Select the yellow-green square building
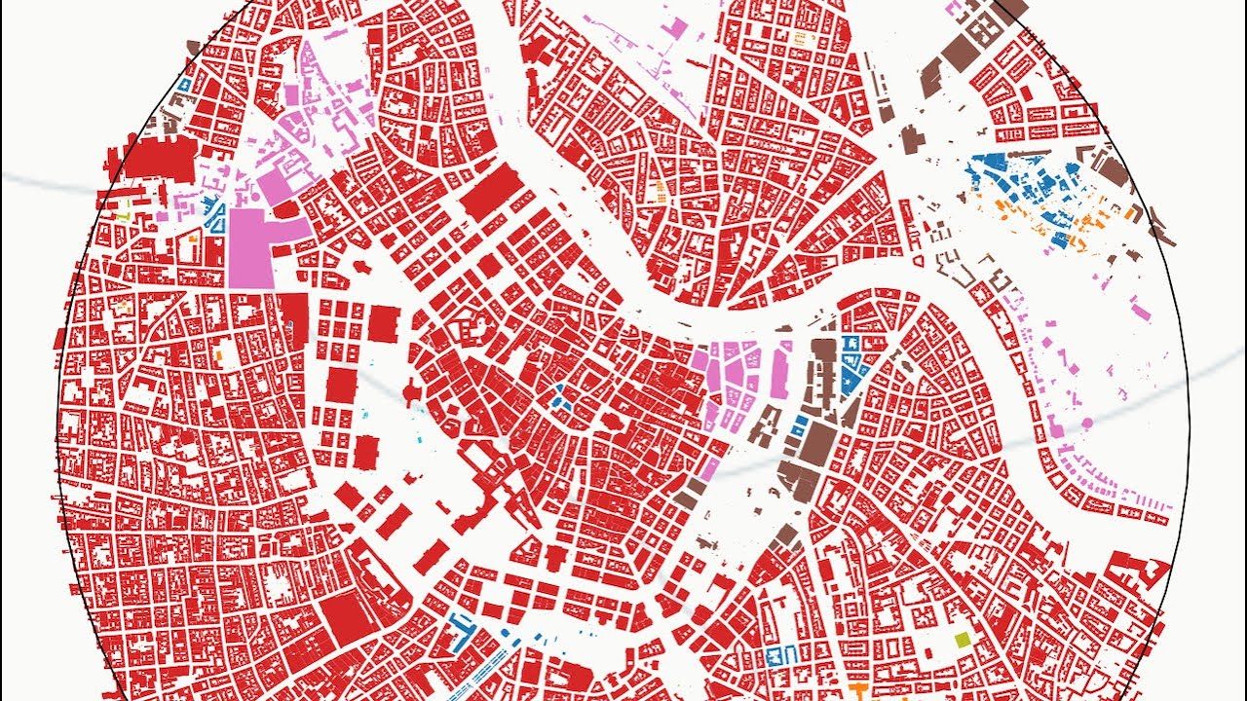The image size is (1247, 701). point(963,640)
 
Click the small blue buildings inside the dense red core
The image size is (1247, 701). point(561,397)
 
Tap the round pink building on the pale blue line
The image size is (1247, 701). point(1086,424)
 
